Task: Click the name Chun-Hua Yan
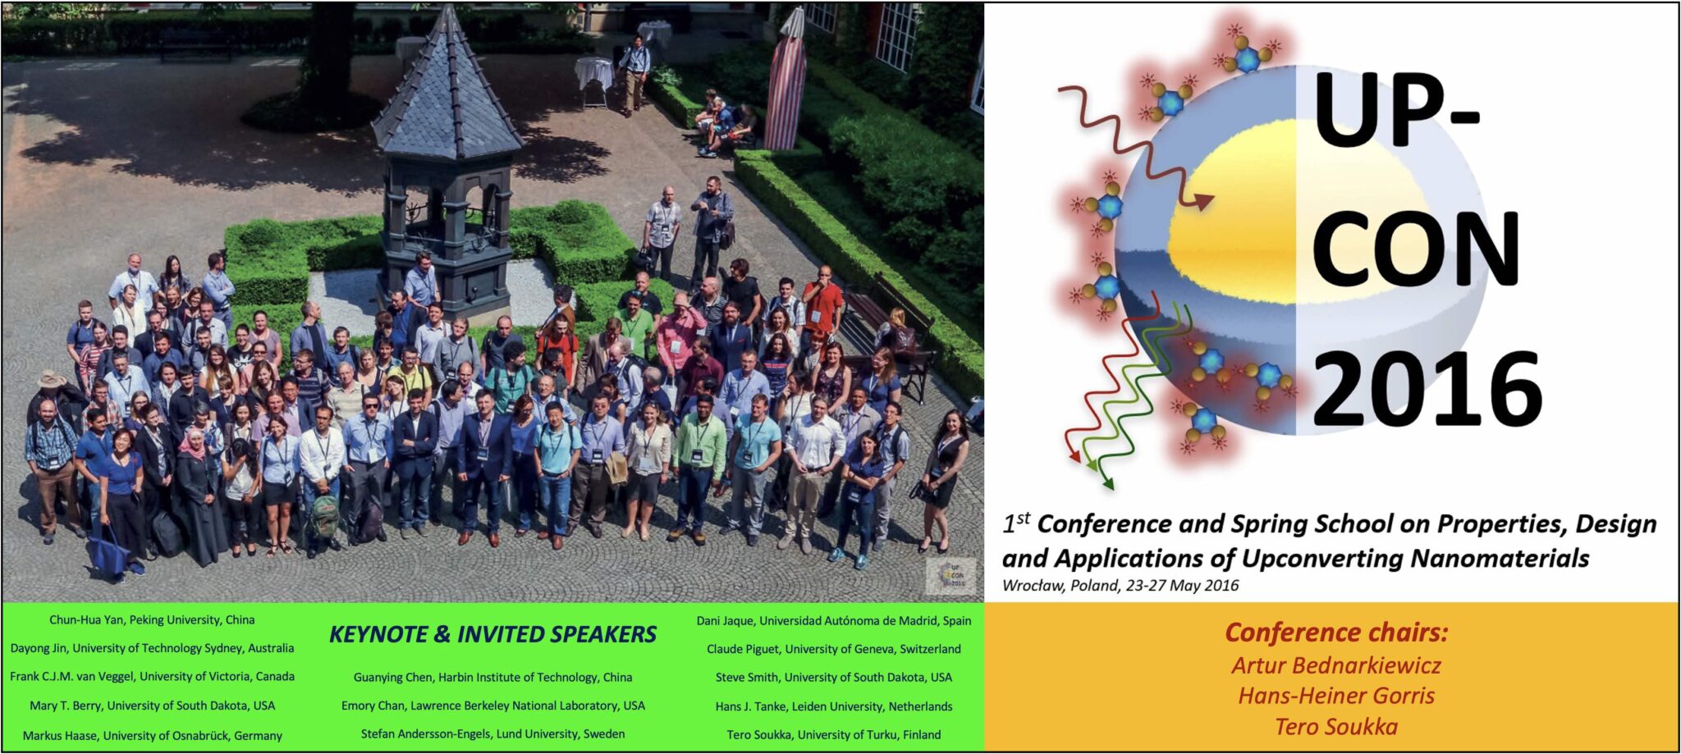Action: tap(152, 620)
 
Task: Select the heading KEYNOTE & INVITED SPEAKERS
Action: tap(492, 634)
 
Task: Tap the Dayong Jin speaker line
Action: tap(152, 648)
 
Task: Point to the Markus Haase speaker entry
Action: tap(152, 736)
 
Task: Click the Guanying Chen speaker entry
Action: tap(492, 677)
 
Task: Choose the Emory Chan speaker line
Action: tap(492, 706)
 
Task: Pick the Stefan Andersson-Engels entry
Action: tap(492, 734)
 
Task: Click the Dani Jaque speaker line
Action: tap(833, 621)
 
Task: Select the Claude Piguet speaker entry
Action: tap(833, 649)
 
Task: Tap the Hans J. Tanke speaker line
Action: tap(833, 706)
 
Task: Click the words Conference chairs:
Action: tap(1336, 633)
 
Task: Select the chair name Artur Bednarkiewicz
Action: tap(1336, 665)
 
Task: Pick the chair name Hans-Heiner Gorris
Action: tap(1336, 696)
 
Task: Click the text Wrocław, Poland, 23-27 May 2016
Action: tap(1120, 586)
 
